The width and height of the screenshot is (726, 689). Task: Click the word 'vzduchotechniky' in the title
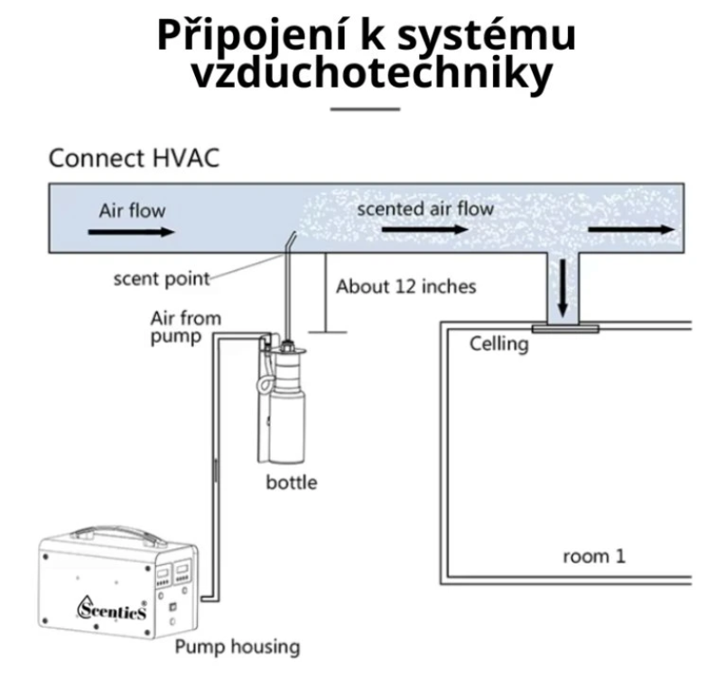371,74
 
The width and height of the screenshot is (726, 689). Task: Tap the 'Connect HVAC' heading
133,159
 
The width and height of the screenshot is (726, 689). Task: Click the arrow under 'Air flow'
131,231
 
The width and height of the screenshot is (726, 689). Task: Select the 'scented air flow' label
425,209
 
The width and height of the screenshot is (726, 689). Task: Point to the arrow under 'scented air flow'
425,229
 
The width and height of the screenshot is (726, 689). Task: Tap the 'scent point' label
162,278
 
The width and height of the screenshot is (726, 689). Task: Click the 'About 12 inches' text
406,287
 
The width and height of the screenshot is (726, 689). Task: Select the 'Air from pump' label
185,328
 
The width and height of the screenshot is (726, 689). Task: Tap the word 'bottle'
292,482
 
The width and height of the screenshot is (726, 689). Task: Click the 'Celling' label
498,343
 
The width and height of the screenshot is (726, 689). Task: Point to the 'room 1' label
594,555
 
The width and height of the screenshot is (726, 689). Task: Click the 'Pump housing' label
237,647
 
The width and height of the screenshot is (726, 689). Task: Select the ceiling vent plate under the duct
564,328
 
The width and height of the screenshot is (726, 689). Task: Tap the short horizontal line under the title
365,109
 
